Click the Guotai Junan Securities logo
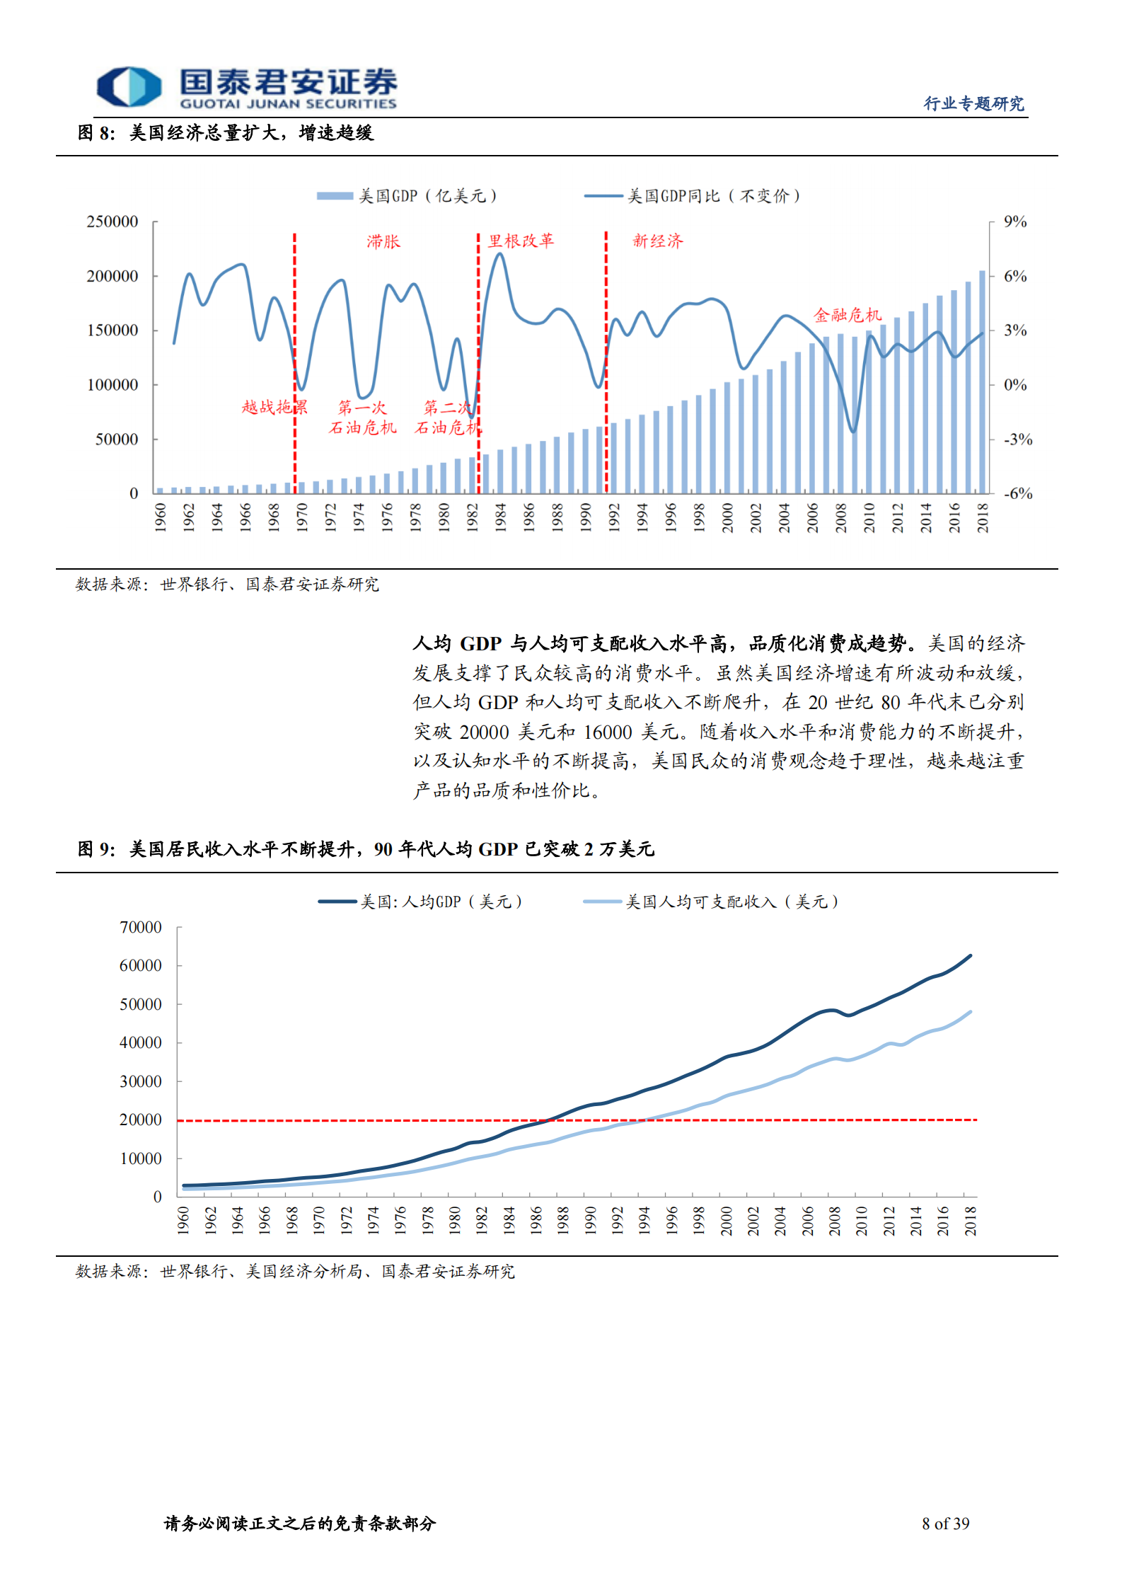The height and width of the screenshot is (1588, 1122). (x=246, y=88)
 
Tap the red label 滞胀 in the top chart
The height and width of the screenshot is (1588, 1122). (x=383, y=242)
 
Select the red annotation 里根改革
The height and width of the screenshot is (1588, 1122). (x=521, y=241)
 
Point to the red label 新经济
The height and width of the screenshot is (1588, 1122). (x=657, y=241)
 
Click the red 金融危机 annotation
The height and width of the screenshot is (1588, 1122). (x=847, y=315)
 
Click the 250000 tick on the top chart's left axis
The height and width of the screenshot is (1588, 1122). (x=112, y=222)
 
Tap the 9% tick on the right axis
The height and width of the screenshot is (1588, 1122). (x=1015, y=222)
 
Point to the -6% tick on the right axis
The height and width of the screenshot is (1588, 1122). (x=1018, y=494)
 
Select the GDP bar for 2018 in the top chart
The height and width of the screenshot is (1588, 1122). (x=982, y=382)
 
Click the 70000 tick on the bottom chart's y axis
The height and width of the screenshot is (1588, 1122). (x=141, y=928)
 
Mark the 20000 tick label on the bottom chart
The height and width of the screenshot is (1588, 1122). (x=141, y=1120)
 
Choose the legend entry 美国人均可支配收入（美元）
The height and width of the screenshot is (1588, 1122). (x=711, y=902)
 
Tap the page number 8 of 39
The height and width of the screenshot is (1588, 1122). (x=945, y=1524)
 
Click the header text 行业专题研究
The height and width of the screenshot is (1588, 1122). (x=973, y=104)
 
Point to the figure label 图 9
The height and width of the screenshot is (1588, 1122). (x=96, y=849)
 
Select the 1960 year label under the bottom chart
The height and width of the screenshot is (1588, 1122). (x=183, y=1221)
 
